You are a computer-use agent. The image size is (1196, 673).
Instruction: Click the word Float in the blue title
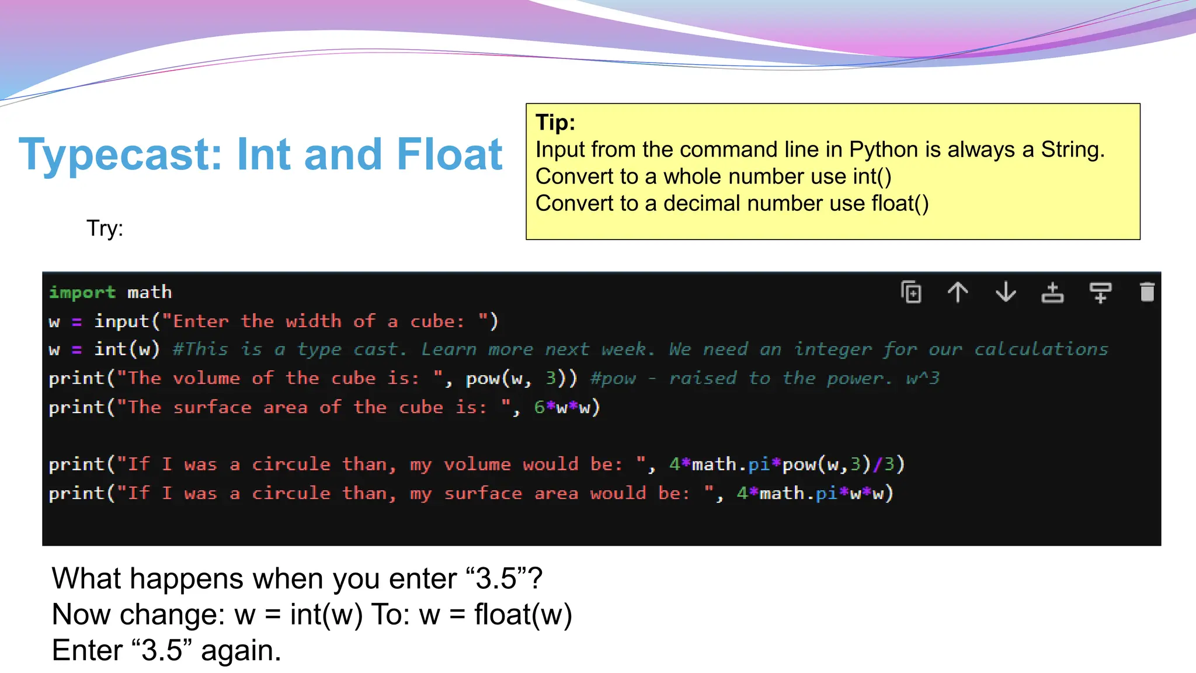pos(449,155)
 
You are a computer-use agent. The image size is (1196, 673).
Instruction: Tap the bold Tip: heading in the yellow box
pos(555,123)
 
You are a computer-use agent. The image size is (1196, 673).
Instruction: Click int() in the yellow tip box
pos(871,176)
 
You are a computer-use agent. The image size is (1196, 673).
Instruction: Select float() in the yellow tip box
pos(900,203)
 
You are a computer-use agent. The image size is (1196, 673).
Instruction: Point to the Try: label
pos(105,228)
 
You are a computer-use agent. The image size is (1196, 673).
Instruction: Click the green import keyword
pos(82,292)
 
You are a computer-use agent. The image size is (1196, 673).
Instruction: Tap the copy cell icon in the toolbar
pos(911,292)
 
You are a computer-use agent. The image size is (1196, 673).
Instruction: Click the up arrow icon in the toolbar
pos(958,292)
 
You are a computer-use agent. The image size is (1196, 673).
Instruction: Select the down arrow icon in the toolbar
pos(1006,292)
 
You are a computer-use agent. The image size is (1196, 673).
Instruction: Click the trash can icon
pos(1147,292)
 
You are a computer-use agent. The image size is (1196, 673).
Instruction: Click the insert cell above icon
pos(1052,292)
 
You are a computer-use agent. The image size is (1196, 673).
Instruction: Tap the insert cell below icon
pos(1100,292)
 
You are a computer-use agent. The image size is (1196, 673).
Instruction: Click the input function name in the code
pos(121,321)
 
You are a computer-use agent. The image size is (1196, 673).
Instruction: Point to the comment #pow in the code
pos(613,379)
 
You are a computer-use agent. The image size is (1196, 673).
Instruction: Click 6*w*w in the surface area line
pos(566,407)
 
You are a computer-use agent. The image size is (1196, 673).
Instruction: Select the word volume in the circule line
pos(477,464)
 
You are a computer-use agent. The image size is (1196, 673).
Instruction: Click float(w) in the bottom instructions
pos(523,615)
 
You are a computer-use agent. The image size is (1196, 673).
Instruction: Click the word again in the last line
pos(241,650)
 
